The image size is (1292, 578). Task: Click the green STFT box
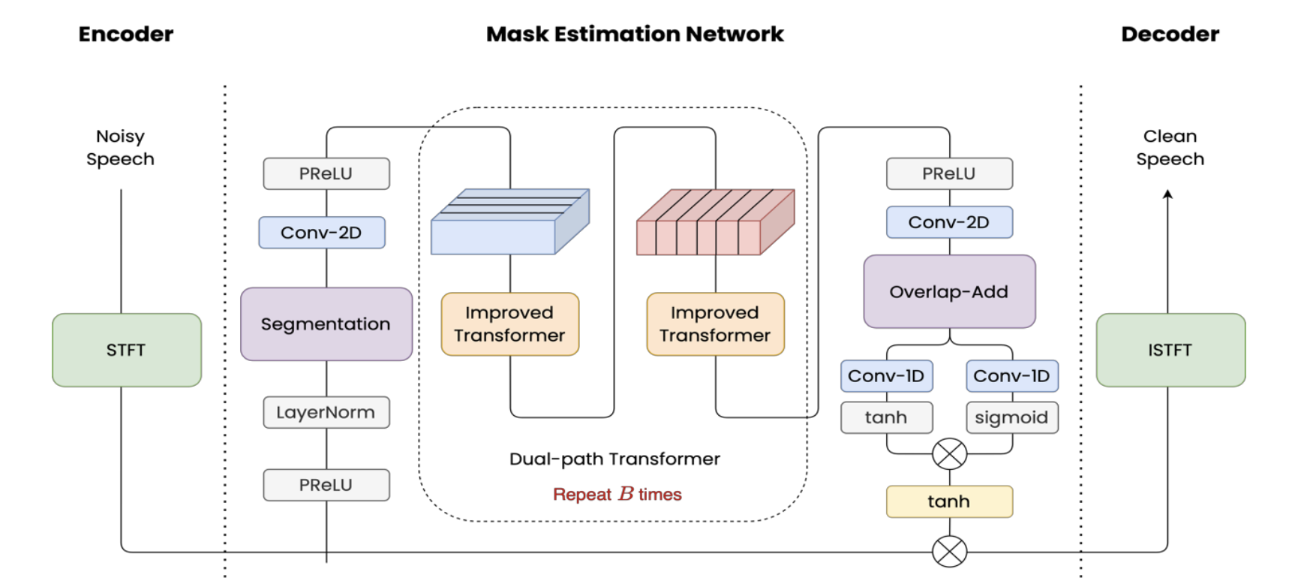click(126, 350)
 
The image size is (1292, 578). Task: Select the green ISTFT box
click(1170, 350)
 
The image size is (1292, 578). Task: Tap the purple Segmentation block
click(326, 324)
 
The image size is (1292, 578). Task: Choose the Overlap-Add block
click(949, 292)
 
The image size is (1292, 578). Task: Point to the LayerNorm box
click(326, 412)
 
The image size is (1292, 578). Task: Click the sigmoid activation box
click(1011, 417)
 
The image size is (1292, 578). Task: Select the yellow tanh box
click(949, 501)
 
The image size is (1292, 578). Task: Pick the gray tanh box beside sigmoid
click(886, 417)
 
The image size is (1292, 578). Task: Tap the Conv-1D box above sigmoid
click(1011, 376)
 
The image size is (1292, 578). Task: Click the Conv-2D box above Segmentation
click(321, 233)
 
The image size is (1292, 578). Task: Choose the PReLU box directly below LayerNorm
click(326, 485)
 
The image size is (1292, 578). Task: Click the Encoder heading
click(126, 34)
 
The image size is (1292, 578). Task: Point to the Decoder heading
click(1170, 34)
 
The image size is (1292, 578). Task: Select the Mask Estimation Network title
click(635, 34)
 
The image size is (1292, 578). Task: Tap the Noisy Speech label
click(120, 148)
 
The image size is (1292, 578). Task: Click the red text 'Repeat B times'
click(617, 494)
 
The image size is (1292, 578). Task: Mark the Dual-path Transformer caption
click(614, 459)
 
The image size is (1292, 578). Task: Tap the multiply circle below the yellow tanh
click(949, 552)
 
